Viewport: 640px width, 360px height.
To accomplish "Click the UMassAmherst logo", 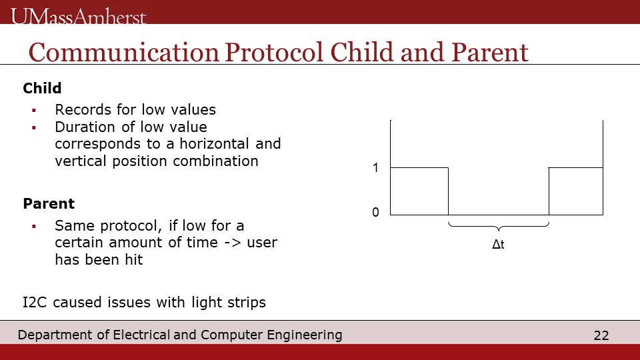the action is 79,17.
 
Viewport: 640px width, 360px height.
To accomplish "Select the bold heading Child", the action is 42,88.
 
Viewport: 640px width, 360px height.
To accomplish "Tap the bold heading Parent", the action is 49,204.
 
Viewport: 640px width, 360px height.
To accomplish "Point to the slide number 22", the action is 601,335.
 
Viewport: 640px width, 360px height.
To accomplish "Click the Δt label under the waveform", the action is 499,244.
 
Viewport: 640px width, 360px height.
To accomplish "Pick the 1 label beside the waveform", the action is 375,168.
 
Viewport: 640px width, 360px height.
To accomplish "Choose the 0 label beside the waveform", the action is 375,212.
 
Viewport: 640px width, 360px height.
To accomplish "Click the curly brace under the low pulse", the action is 499,227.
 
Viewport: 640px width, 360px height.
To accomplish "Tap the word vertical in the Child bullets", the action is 81,161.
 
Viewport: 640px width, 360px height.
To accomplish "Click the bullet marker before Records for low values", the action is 34,110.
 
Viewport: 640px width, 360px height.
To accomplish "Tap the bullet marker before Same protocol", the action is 34,226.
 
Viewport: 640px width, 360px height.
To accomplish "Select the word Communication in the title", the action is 124,53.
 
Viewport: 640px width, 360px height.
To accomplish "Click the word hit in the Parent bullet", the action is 134,259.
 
